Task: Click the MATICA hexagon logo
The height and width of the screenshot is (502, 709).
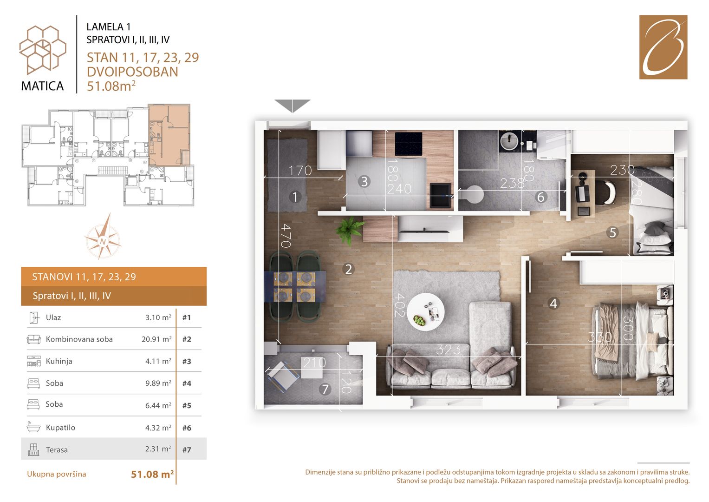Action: click(43, 50)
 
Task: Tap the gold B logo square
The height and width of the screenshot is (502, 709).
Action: click(663, 47)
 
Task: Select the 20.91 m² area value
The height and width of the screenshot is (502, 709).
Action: click(156, 339)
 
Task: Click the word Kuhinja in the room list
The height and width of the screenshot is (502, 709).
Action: click(59, 361)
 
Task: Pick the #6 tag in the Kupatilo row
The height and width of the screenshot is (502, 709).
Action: click(187, 428)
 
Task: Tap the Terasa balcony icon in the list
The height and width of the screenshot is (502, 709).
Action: click(33, 449)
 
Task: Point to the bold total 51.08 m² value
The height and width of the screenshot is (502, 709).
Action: click(152, 474)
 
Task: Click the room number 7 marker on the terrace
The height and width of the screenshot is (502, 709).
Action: click(325, 389)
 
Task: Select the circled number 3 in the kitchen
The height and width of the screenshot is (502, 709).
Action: click(364, 182)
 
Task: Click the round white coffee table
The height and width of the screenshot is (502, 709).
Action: click(425, 312)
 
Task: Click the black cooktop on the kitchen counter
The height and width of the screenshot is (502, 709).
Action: click(409, 144)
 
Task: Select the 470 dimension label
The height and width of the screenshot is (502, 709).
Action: click(286, 236)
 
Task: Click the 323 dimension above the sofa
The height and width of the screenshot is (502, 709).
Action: click(448, 350)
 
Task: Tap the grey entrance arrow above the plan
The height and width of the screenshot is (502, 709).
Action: click(292, 106)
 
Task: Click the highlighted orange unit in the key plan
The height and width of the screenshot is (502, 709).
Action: click(169, 135)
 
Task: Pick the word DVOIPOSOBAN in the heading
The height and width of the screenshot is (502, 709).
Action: click(132, 72)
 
